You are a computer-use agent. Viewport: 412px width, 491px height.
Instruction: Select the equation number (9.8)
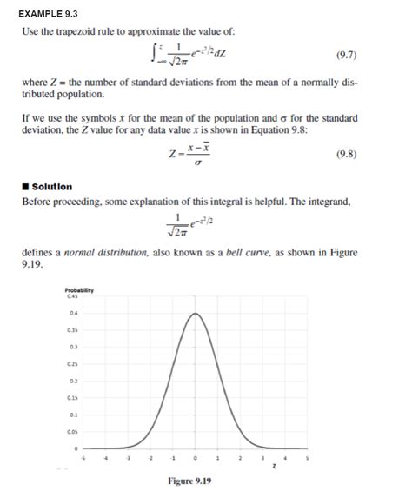point(345,157)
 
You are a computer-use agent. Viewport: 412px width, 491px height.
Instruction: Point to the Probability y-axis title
point(79,289)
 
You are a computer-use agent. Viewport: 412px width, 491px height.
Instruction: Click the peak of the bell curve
point(196,313)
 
